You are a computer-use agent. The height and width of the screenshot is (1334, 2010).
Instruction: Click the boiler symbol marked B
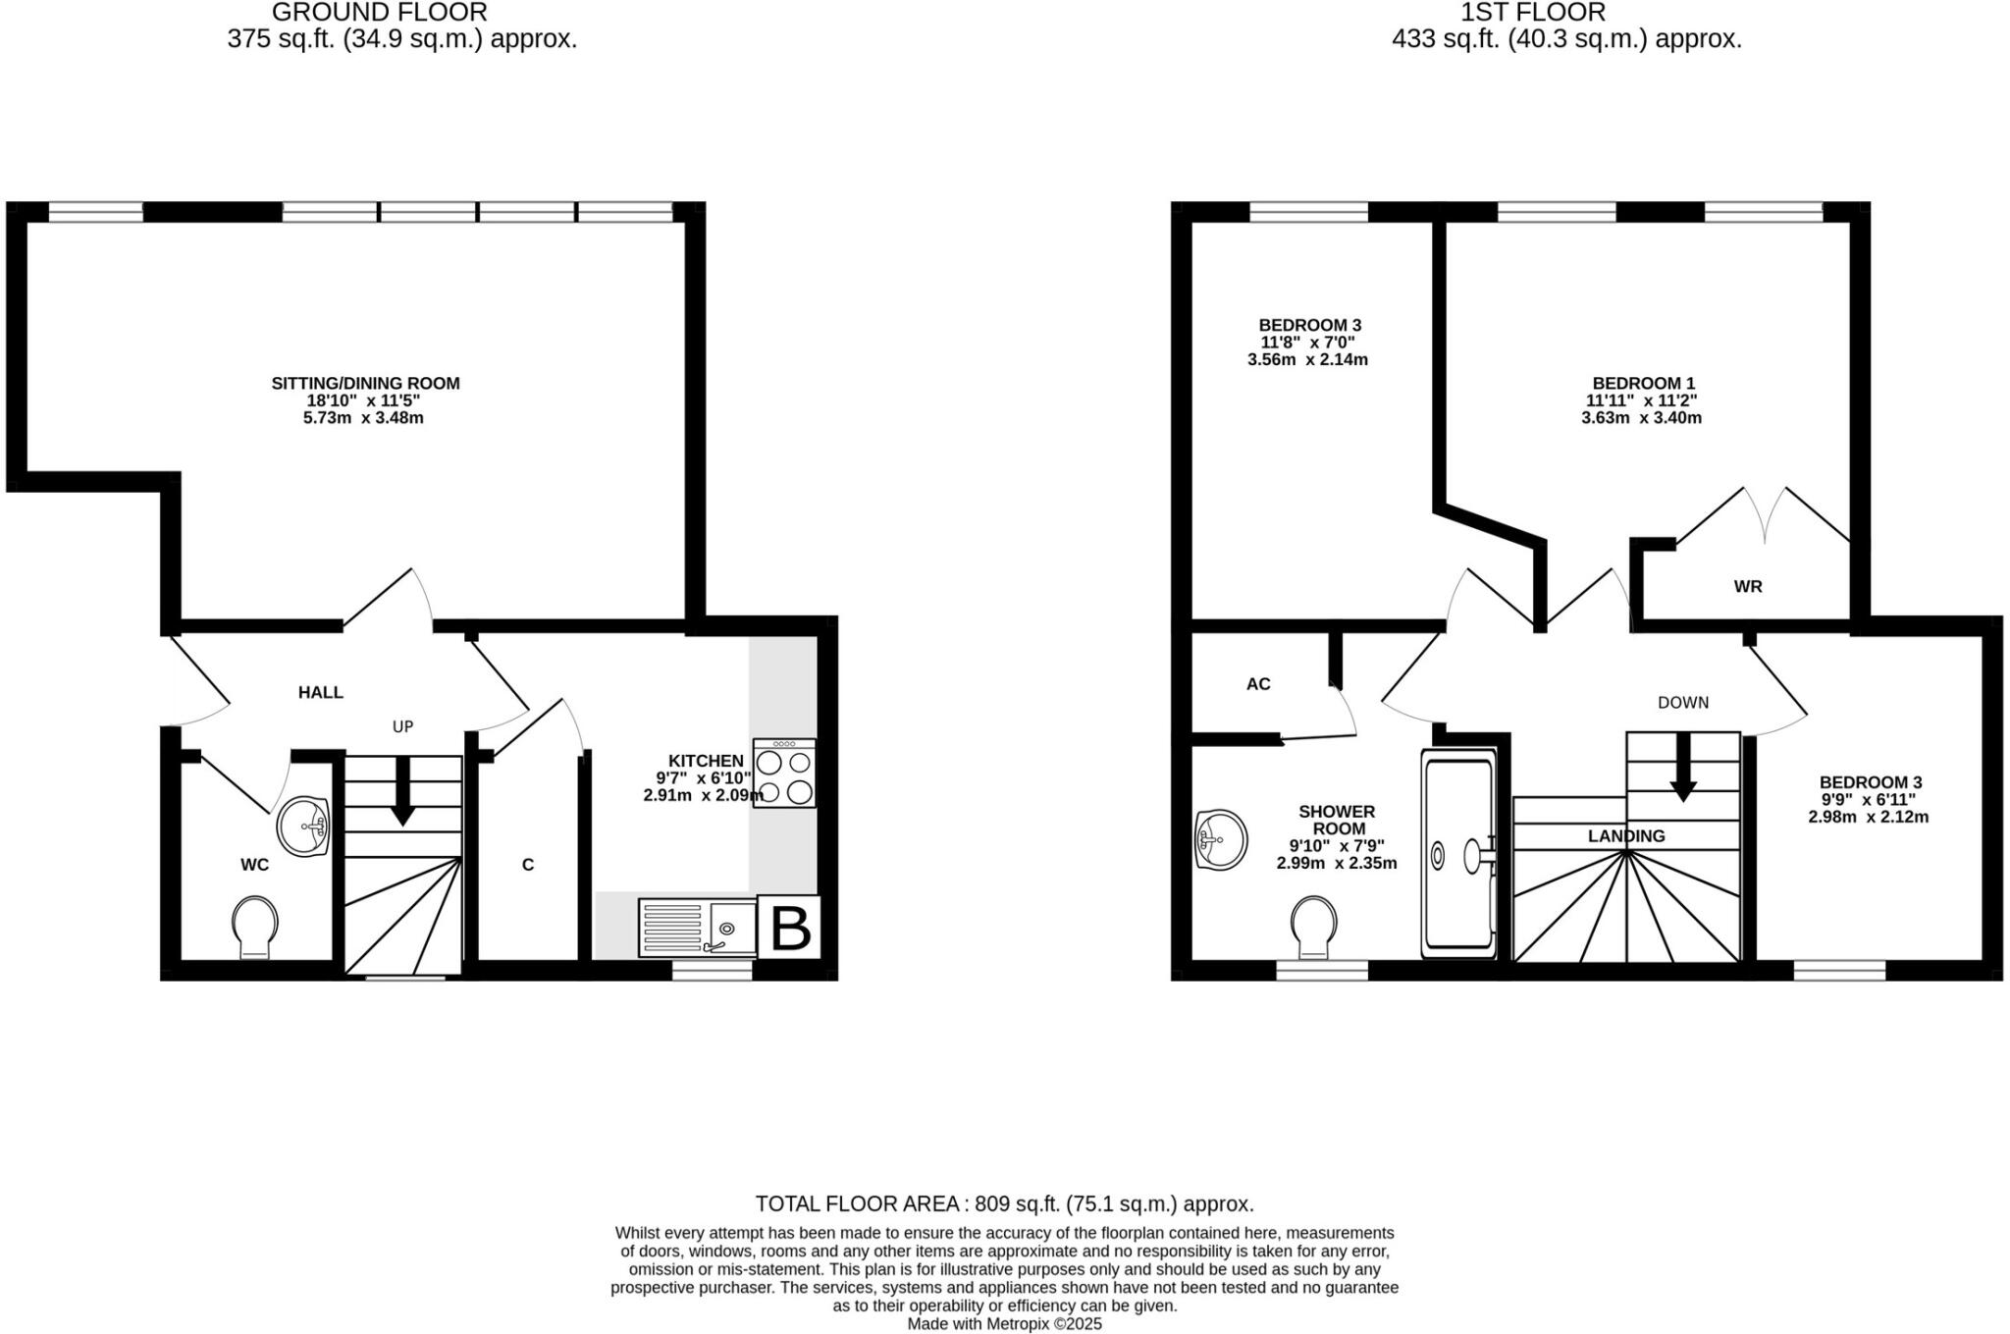click(791, 927)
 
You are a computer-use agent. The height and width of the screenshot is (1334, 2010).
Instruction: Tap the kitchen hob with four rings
click(784, 774)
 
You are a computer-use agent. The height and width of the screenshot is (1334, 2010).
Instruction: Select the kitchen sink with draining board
click(698, 928)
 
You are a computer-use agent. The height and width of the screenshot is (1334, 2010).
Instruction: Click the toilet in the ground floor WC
click(255, 926)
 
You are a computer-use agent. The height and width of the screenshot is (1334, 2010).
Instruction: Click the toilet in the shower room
click(1313, 926)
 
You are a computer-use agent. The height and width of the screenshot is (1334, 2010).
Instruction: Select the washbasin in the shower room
click(1220, 839)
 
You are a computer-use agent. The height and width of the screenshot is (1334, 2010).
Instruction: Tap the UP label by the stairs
click(403, 726)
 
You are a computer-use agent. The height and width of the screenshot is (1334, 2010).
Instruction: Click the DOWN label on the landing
click(1683, 703)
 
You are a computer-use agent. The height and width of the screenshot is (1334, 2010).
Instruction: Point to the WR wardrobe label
click(1748, 586)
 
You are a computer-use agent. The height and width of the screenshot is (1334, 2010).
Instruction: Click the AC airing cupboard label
click(1258, 684)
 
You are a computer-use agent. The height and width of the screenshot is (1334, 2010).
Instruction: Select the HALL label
click(321, 692)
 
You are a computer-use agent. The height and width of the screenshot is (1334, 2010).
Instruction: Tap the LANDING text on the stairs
click(1626, 836)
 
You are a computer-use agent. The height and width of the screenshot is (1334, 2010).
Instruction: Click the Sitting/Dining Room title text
click(365, 383)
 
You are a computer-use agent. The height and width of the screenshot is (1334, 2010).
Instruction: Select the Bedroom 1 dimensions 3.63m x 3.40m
click(1641, 417)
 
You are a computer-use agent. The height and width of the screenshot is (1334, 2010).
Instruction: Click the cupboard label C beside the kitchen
click(528, 865)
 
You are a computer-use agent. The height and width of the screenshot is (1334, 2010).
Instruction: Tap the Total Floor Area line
click(1004, 1203)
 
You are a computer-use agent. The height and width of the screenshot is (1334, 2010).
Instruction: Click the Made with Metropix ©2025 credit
click(1004, 1324)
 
